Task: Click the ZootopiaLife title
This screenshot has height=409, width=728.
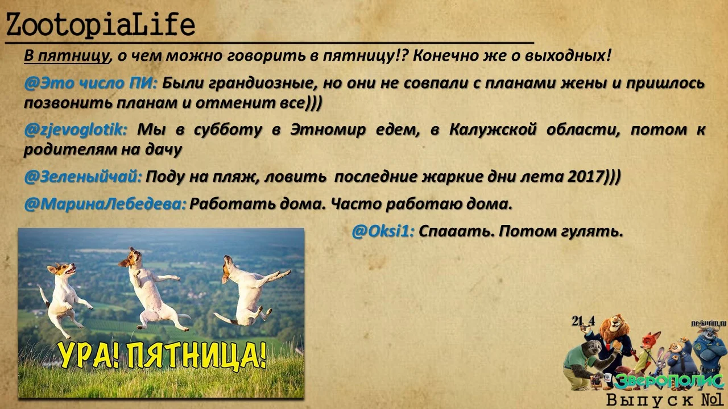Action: coord(100,26)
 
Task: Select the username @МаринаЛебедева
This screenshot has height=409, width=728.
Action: coord(105,203)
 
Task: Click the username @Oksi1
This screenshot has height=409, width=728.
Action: coord(383,231)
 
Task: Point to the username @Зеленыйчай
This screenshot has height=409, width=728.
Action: coord(83,177)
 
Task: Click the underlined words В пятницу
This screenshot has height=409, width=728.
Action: coord(66,56)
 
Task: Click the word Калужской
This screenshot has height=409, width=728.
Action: coord(493,130)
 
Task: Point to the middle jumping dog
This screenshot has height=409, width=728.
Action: coord(149,287)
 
